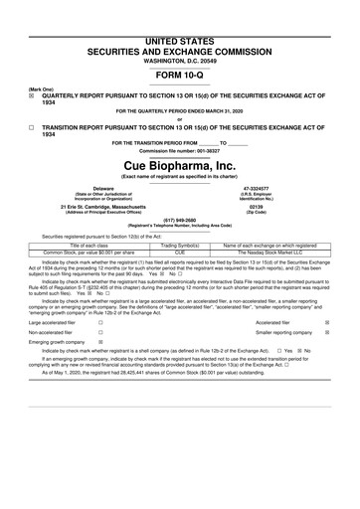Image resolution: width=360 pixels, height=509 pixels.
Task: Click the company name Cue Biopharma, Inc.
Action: click(x=179, y=164)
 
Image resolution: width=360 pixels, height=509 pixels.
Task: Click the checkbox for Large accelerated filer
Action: click(x=101, y=323)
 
